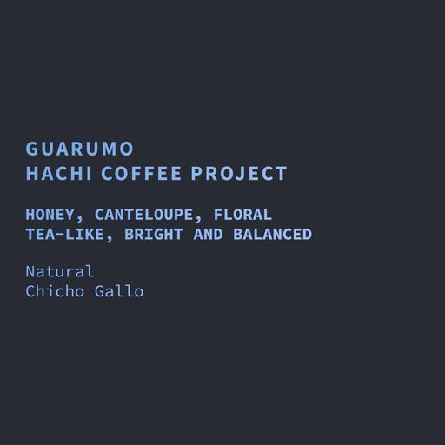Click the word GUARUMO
[79, 148]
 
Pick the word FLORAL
[243, 213]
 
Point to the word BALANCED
[276, 235]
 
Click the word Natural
[60, 272]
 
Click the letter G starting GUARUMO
[32, 148]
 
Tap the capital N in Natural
[31, 272]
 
